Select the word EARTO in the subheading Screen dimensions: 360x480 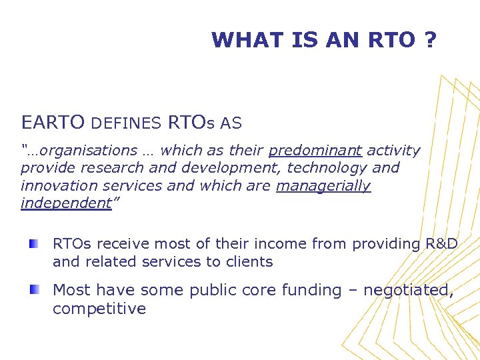pos(53,123)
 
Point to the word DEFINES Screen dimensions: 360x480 pos(126,123)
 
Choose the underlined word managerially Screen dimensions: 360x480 pos(323,185)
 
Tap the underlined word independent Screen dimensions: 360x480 pos(65,203)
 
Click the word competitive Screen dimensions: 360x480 pos(99,309)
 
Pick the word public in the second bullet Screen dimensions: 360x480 pos(213,291)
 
